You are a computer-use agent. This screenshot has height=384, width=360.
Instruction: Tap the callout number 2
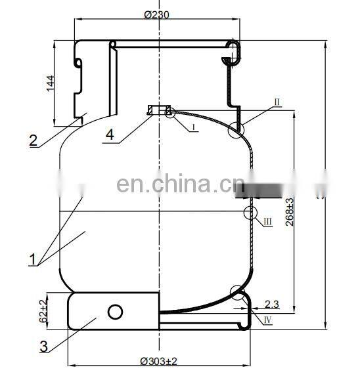tap(32, 140)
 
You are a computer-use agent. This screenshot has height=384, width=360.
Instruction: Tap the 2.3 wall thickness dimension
tap(272, 303)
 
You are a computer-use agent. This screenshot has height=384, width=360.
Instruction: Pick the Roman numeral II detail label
tap(277, 102)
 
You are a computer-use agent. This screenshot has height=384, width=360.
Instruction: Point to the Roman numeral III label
tap(268, 222)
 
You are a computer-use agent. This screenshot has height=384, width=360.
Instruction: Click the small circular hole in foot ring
tap(116, 310)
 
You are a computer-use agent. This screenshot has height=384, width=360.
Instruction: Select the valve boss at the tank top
tap(159, 110)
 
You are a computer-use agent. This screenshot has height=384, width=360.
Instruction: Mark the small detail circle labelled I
tap(171, 113)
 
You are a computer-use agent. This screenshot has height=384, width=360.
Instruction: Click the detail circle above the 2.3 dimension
tap(238, 293)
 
